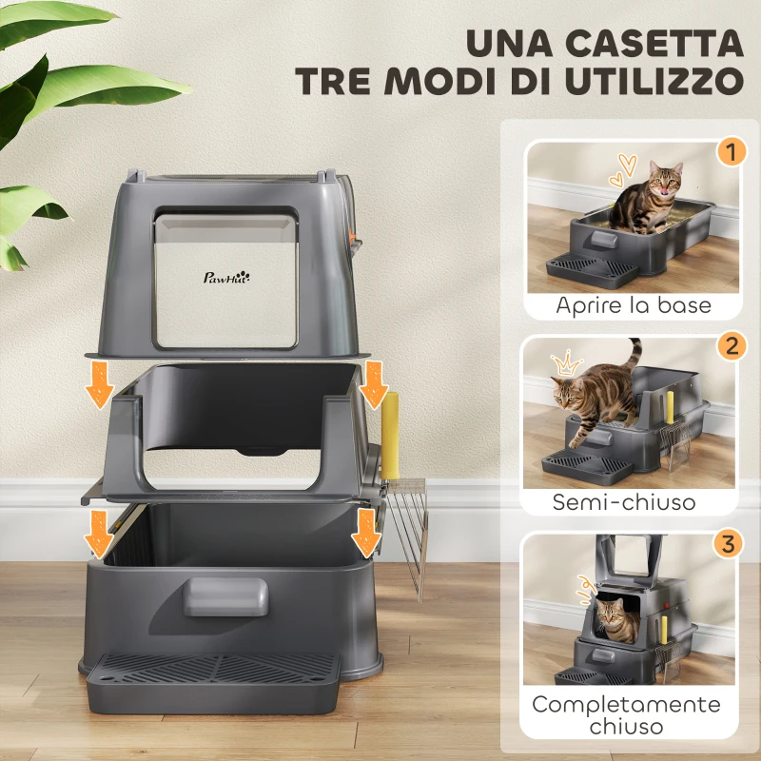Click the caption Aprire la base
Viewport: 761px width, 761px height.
634,306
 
